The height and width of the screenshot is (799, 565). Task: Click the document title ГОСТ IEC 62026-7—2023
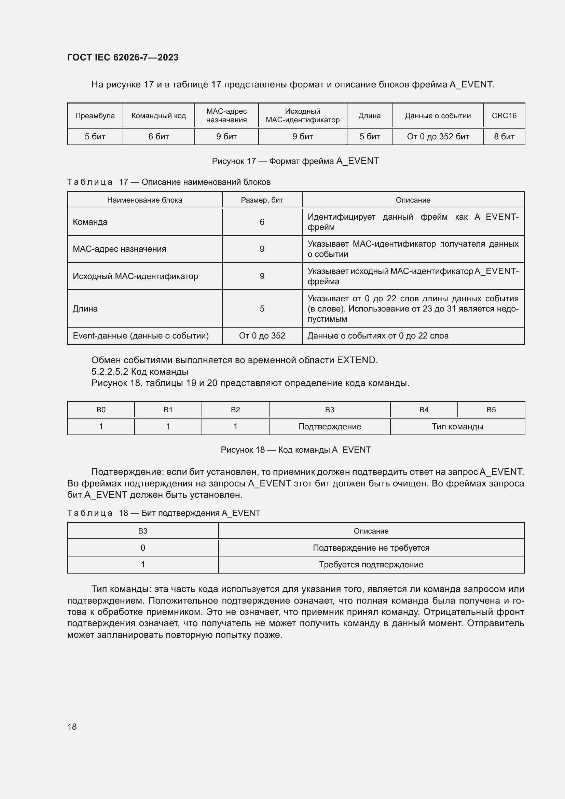[123, 57]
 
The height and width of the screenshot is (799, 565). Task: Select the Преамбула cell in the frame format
[95, 115]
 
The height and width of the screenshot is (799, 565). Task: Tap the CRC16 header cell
[504, 115]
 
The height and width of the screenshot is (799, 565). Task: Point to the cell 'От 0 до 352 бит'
[438, 136]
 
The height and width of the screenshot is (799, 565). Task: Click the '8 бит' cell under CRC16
[504, 136]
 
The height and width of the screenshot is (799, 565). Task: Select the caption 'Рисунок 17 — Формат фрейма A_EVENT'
[295, 161]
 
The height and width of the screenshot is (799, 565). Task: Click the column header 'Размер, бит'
[262, 200]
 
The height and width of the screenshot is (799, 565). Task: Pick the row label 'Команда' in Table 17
[90, 222]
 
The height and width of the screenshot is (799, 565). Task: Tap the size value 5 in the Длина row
[262, 309]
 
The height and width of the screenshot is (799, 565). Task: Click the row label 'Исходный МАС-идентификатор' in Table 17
[135, 276]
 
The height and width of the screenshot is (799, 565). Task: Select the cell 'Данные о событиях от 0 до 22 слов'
[378, 336]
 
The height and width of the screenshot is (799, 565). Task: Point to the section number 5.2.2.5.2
[110, 372]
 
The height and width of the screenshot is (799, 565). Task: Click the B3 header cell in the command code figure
[329, 410]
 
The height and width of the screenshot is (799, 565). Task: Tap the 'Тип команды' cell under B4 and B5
[457, 427]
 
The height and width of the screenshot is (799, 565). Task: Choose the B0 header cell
[101, 410]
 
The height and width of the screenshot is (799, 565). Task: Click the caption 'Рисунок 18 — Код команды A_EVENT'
[295, 450]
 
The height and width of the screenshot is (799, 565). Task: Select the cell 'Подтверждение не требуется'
[371, 548]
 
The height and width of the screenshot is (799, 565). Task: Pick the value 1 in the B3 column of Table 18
[143, 564]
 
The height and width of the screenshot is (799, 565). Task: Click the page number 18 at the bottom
[72, 727]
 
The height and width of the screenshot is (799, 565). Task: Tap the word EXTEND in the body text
[356, 360]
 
